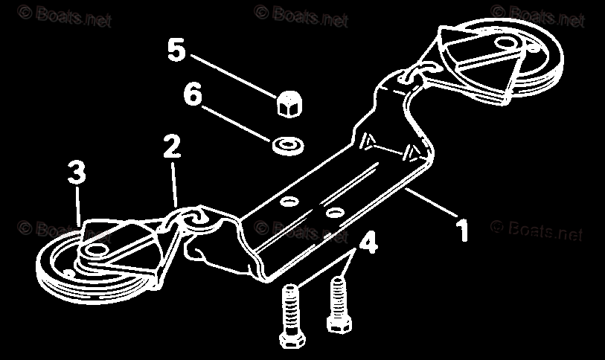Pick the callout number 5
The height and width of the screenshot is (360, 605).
point(176,51)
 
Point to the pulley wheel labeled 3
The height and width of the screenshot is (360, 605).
point(82,260)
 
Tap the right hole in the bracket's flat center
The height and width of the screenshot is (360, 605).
point(335,213)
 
